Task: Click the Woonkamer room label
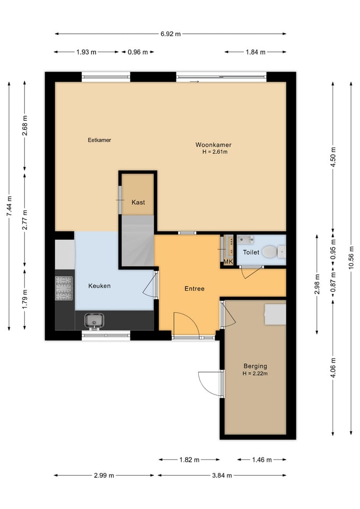[213, 145]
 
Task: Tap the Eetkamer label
[99, 140]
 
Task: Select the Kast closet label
[138, 202]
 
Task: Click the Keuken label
[99, 286]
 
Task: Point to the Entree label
[195, 288]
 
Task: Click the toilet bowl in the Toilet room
[270, 251]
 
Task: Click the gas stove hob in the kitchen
[64, 288]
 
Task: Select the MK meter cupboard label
[228, 261]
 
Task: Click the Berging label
[255, 366]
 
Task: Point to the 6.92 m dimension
[170, 34]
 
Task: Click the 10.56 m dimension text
[351, 258]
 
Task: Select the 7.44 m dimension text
[9, 206]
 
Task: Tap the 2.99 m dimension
[104, 475]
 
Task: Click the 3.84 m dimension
[222, 475]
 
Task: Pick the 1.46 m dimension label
[261, 460]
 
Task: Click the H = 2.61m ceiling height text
[215, 152]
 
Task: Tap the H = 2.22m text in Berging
[255, 373]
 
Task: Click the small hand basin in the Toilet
[245, 240]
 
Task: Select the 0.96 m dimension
[138, 52]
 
